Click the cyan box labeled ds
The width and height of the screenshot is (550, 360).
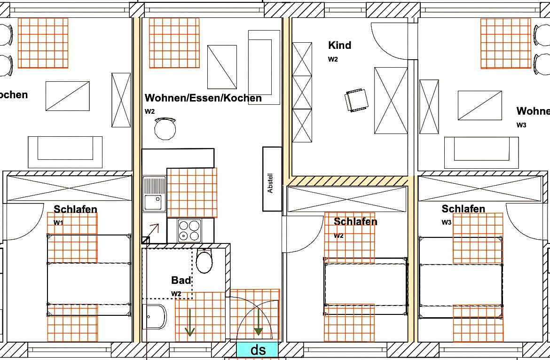[257, 350]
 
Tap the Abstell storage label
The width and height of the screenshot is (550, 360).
[270, 183]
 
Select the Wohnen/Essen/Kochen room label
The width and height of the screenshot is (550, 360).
[203, 98]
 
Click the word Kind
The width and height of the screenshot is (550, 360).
[339, 45]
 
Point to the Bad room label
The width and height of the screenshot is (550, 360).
[181, 280]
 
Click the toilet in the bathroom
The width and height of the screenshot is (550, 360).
[204, 260]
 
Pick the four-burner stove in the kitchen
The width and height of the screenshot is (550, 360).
[190, 230]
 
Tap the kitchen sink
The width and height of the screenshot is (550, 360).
[154, 194]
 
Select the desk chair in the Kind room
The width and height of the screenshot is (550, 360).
[357, 100]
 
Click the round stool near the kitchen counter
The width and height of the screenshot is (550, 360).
[165, 129]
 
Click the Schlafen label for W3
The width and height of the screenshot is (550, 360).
[463, 209]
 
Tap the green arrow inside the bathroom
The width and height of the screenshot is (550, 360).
[190, 322]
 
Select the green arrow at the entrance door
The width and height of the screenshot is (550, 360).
[259, 322]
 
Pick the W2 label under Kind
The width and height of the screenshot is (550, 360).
[333, 60]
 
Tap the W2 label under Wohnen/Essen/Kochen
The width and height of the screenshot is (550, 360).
[149, 111]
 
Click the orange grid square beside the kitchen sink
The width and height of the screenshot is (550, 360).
[192, 193]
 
